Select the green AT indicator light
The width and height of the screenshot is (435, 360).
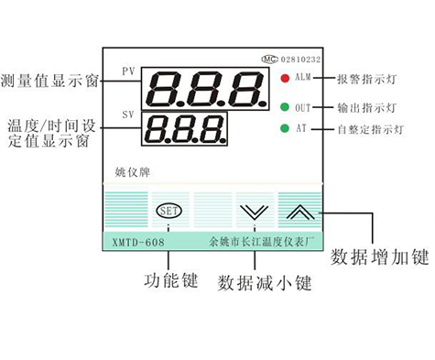[x=286, y=128]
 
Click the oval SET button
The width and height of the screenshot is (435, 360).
[x=169, y=210]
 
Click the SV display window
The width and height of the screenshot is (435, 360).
[x=183, y=130]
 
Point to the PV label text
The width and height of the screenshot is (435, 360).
[x=128, y=71]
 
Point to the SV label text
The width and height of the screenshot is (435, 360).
[x=128, y=115]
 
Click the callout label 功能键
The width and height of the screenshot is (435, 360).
[x=172, y=279]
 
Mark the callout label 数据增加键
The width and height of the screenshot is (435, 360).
[x=378, y=254]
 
